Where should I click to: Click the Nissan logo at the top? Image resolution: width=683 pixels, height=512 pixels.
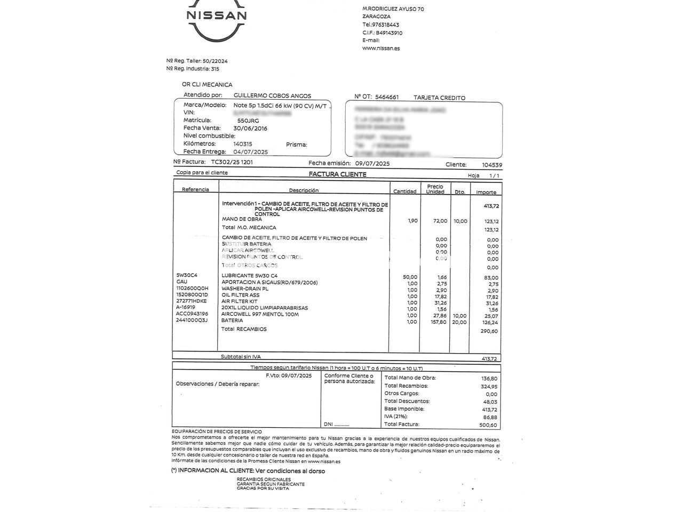216,22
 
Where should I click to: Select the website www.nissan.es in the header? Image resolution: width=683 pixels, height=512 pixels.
380,48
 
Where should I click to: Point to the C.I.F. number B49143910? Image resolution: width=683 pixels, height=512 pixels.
389,33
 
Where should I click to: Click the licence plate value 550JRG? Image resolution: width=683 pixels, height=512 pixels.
248,121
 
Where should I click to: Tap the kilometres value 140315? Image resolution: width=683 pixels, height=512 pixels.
243,144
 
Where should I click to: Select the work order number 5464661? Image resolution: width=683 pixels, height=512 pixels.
387,97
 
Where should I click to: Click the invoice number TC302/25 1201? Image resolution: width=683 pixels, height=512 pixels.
232,162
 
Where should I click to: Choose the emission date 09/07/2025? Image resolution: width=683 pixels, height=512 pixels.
372,164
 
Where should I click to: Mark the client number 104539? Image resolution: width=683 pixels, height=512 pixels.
491,165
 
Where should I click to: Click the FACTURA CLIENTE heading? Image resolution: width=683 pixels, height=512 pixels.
337,174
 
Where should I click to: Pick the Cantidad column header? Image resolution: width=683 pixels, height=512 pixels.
404,191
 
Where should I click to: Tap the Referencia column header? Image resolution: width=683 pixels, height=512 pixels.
195,190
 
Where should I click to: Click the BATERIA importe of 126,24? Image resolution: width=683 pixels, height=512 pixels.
489,322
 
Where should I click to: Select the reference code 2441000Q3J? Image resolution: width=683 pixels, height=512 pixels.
192,321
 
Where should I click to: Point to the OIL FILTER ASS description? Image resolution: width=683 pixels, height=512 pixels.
240,295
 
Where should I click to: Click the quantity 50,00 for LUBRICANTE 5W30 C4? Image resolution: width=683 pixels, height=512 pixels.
410,277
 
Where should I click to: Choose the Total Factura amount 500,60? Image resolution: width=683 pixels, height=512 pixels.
488,425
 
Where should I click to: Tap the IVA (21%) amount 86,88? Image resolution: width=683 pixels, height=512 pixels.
489,417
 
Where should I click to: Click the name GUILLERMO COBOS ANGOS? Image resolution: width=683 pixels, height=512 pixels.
272,95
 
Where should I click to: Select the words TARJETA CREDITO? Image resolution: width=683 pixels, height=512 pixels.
439,98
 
